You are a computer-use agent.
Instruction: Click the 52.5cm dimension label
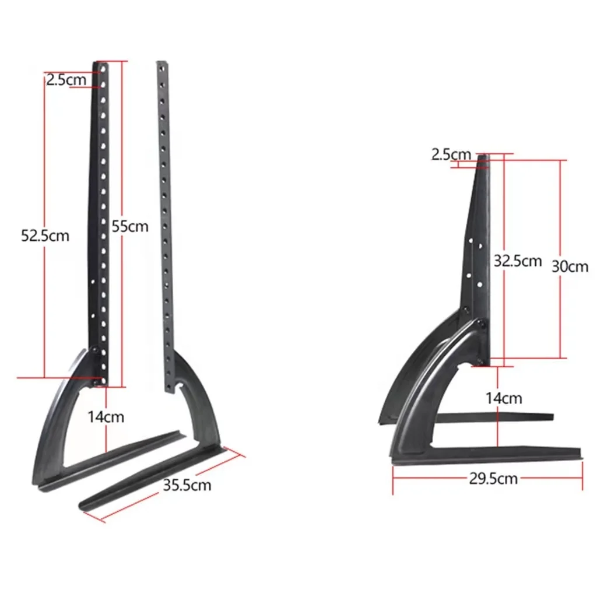click(x=45, y=236)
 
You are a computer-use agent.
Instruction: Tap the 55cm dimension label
click(x=130, y=226)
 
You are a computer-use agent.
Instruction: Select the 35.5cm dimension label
click(x=187, y=484)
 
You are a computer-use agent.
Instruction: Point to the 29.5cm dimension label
click(x=493, y=479)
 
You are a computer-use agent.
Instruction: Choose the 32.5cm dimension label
click(x=518, y=261)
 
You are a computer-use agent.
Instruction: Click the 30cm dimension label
click(x=570, y=266)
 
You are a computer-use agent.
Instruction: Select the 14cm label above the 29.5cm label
click(x=504, y=398)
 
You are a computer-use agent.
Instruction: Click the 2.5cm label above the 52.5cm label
click(x=66, y=80)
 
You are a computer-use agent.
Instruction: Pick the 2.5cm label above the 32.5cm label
click(x=451, y=154)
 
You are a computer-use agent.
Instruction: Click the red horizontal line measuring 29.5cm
click(x=431, y=479)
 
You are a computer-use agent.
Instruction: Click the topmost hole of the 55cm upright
click(x=105, y=69)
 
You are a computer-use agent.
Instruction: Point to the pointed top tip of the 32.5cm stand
click(x=483, y=156)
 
